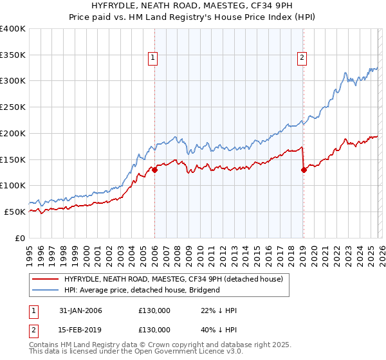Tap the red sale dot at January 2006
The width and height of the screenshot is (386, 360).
click(x=154, y=170)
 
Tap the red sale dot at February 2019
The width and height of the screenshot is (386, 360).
click(x=303, y=170)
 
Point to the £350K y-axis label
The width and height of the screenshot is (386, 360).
click(x=13, y=55)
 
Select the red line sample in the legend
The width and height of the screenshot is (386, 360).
click(x=45, y=279)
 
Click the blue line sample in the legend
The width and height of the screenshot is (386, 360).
click(x=45, y=290)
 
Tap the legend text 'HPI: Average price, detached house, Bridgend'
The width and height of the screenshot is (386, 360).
click(x=142, y=290)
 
